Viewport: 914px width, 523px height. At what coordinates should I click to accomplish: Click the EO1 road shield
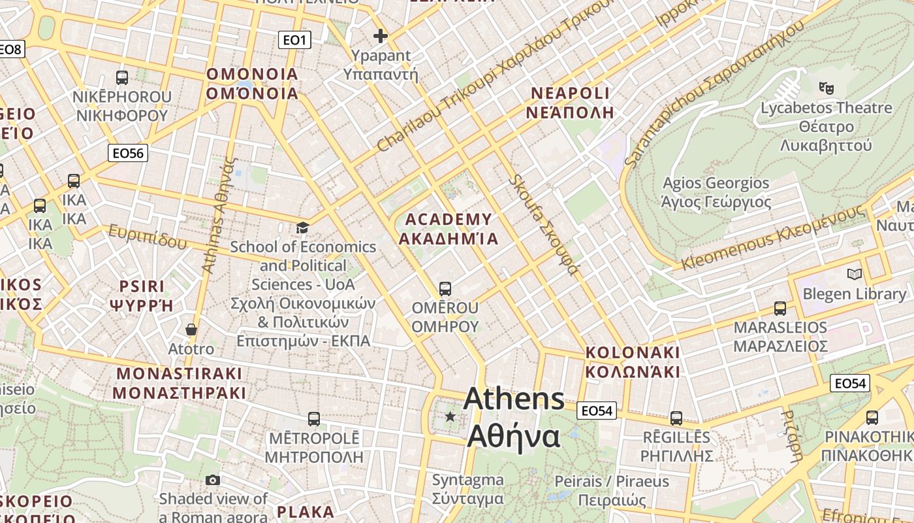click(x=294, y=41)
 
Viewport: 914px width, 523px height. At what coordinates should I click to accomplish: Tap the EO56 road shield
click(x=128, y=153)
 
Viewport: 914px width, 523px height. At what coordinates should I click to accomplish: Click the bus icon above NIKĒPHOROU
click(x=122, y=78)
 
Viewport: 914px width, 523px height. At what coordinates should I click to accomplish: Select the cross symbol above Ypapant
click(x=381, y=36)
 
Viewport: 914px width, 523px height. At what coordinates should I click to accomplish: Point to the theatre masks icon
click(x=827, y=87)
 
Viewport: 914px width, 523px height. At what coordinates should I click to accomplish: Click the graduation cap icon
click(x=302, y=228)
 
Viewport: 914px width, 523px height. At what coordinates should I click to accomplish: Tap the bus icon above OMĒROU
click(x=445, y=288)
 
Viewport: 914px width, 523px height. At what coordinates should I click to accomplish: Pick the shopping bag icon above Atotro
click(x=191, y=329)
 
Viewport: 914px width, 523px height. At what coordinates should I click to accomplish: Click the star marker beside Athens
click(x=450, y=416)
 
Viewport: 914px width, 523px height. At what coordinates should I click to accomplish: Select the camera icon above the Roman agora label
click(x=212, y=481)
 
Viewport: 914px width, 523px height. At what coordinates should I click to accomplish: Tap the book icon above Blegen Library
click(x=854, y=275)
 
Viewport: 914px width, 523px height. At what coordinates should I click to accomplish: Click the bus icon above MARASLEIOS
click(x=780, y=308)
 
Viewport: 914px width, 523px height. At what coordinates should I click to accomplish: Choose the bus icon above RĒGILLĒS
click(x=676, y=418)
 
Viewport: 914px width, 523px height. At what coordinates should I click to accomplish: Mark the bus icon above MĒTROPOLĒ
click(x=314, y=418)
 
